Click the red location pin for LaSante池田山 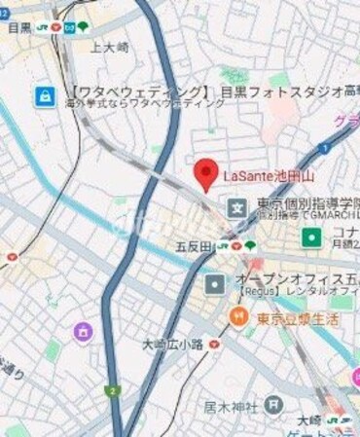(204, 174)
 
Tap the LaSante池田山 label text (269, 176)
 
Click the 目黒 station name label (19, 28)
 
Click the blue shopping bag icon (45, 95)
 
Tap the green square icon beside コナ (310, 237)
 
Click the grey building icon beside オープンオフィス (215, 284)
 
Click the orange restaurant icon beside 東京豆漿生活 (237, 316)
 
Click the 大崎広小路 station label (172, 344)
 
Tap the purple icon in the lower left (83, 333)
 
